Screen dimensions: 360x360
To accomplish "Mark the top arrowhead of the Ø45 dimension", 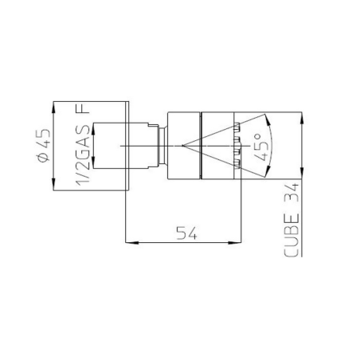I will pyautogui.click(x=53, y=105).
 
